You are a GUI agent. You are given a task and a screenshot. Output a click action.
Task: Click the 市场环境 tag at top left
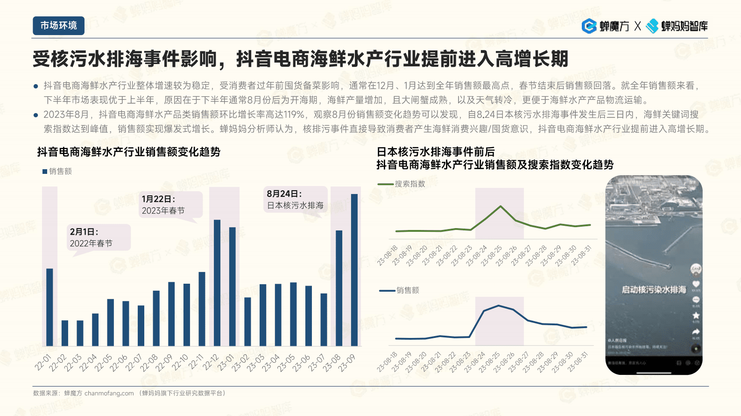point(58,26)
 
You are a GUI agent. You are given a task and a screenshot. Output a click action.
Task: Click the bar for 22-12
point(217,283)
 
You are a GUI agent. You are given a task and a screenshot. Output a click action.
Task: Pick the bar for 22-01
point(49,307)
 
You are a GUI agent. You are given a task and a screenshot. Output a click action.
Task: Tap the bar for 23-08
point(339,288)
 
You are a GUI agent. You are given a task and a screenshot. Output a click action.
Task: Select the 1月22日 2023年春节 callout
point(171,205)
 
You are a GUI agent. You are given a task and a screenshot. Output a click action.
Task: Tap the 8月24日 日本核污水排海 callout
point(294,200)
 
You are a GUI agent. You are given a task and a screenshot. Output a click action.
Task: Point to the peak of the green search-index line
point(501,206)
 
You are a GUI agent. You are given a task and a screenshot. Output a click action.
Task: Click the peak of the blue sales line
point(499,306)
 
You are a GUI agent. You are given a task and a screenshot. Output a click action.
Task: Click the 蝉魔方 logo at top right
point(606,26)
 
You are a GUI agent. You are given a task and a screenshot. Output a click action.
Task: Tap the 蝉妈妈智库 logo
point(677,26)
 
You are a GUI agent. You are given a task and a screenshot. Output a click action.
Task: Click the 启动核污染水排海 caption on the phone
point(654,290)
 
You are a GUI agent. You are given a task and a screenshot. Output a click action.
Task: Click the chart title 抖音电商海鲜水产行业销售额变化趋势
point(129,152)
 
